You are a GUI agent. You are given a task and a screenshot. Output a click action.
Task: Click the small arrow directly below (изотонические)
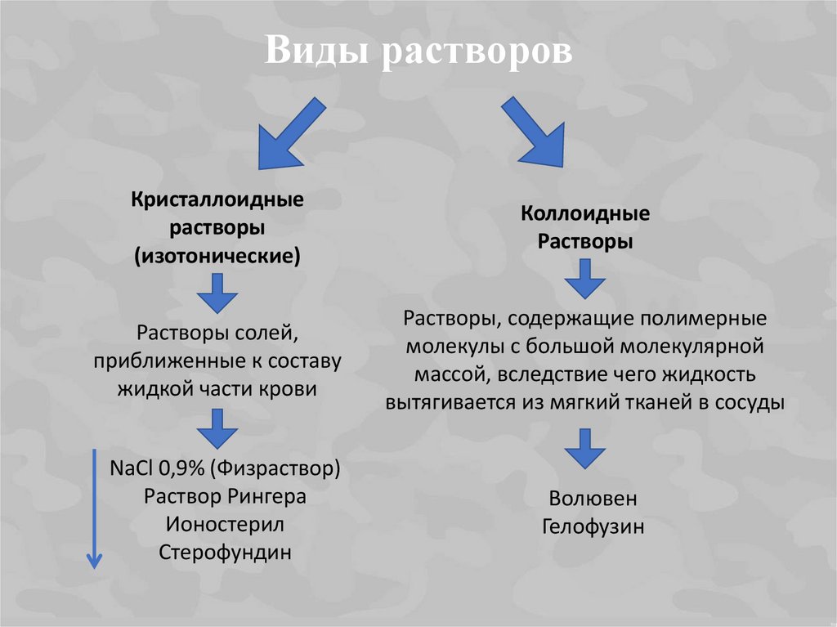pyautogui.click(x=217, y=293)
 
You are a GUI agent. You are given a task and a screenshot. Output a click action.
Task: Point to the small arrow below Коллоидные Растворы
pyautogui.click(x=585, y=279)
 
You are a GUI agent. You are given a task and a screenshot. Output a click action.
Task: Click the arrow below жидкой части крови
pyautogui.click(x=217, y=428)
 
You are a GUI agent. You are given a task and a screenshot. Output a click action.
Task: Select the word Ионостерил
pyautogui.click(x=225, y=524)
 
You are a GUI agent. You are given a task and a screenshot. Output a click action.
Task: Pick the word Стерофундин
pyautogui.click(x=225, y=552)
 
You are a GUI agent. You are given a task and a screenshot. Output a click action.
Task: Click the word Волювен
pyautogui.click(x=593, y=499)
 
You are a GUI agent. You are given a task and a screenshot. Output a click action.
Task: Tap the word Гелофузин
pyautogui.click(x=593, y=526)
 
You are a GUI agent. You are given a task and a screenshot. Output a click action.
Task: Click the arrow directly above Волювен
pyautogui.click(x=585, y=448)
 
